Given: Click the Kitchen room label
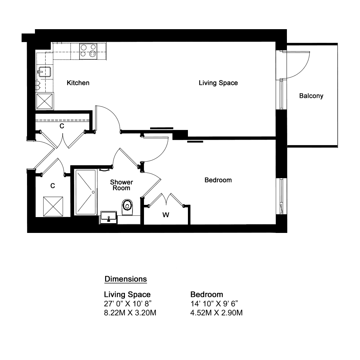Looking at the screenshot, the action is [78, 83].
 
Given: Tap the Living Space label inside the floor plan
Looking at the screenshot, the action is [219, 83].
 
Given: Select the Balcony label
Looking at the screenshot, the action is [311, 96].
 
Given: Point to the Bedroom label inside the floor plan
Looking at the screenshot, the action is [218, 180].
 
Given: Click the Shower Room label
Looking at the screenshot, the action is [121, 185].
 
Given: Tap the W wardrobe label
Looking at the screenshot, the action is [166, 215].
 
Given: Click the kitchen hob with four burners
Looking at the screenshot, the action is [88, 51].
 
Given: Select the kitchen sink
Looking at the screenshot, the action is [44, 72].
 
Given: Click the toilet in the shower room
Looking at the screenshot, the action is [127, 207].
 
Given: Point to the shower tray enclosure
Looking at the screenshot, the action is [85, 192].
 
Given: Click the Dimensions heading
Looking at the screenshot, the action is [126, 279].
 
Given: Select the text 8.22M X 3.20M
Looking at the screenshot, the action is [130, 313].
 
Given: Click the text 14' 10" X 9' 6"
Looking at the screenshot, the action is [214, 303].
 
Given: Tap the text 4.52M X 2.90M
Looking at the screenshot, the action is [216, 313].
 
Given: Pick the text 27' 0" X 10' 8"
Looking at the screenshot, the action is [128, 303].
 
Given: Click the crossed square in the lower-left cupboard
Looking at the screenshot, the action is [53, 206].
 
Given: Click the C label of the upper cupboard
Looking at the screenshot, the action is [62, 126].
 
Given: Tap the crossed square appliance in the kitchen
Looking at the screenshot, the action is [45, 101].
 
